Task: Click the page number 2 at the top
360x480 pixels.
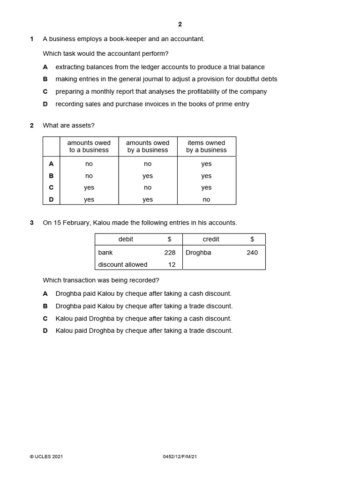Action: (180, 24)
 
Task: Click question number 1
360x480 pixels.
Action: (32, 39)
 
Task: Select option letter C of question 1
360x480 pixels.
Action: (45, 92)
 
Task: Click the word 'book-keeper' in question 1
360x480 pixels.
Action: (127, 39)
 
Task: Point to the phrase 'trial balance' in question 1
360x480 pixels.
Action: (245, 67)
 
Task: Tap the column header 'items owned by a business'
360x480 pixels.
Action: (206, 146)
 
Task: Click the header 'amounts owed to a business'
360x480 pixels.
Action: (89, 146)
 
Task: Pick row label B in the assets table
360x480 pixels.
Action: (51, 176)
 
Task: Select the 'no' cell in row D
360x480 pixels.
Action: (206, 200)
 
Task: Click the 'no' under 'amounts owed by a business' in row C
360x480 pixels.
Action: (148, 187)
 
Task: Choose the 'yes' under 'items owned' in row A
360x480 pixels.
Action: (206, 164)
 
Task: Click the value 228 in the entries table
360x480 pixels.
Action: (170, 253)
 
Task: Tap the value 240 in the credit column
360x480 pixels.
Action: (252, 253)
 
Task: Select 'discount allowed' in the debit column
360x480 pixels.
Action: (123, 265)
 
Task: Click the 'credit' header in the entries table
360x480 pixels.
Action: (211, 240)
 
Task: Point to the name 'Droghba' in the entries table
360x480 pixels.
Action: (198, 253)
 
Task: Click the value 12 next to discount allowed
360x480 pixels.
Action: (172, 265)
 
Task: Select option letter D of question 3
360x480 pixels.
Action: (45, 331)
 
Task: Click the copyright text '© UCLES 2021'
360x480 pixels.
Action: (46, 457)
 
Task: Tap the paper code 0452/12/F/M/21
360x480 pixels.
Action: (180, 457)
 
